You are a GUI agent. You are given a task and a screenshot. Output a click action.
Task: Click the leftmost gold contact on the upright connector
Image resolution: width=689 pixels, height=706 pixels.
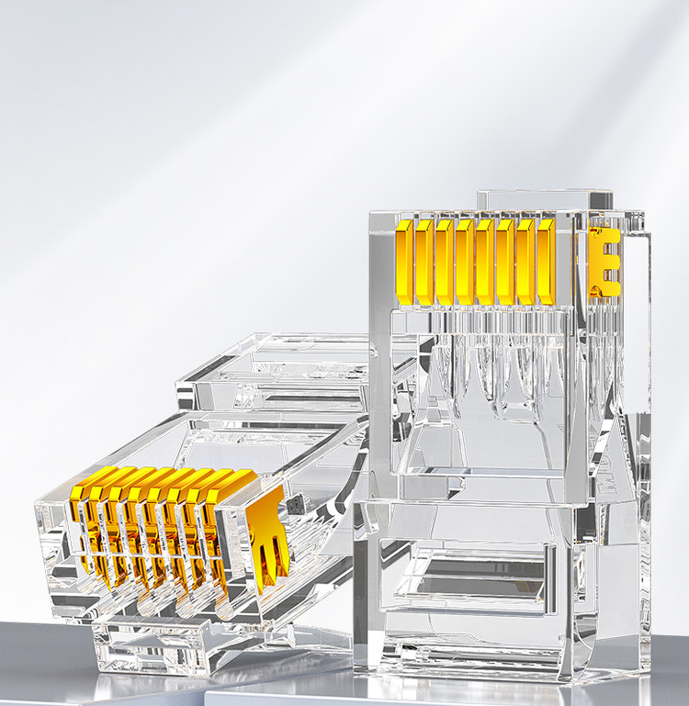404,261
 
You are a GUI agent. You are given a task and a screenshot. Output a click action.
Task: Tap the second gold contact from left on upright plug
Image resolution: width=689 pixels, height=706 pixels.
424,262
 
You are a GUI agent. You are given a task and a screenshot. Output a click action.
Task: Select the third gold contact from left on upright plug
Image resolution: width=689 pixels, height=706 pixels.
445,262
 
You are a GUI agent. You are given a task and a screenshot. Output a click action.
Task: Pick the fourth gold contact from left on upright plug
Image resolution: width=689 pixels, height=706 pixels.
465,262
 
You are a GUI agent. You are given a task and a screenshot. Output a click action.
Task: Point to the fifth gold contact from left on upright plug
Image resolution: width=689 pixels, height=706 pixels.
485,262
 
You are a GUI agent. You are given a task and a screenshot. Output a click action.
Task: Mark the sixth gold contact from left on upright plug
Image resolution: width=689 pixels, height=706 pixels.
505,262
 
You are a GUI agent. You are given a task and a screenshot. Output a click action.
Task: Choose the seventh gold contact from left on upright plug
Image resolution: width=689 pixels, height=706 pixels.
525,262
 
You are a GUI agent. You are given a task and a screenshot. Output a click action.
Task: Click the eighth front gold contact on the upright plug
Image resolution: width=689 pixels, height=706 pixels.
546,262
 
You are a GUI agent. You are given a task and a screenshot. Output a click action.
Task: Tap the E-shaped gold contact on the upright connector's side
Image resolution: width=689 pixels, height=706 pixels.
604,262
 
